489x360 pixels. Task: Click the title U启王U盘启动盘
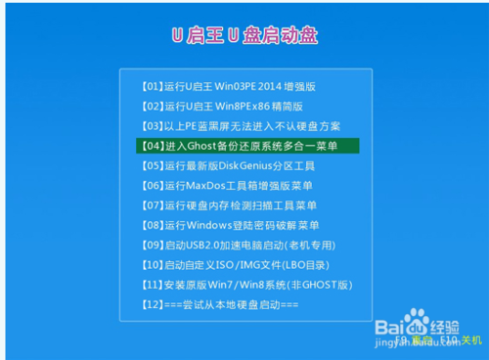(244, 36)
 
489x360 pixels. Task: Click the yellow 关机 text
(470, 341)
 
